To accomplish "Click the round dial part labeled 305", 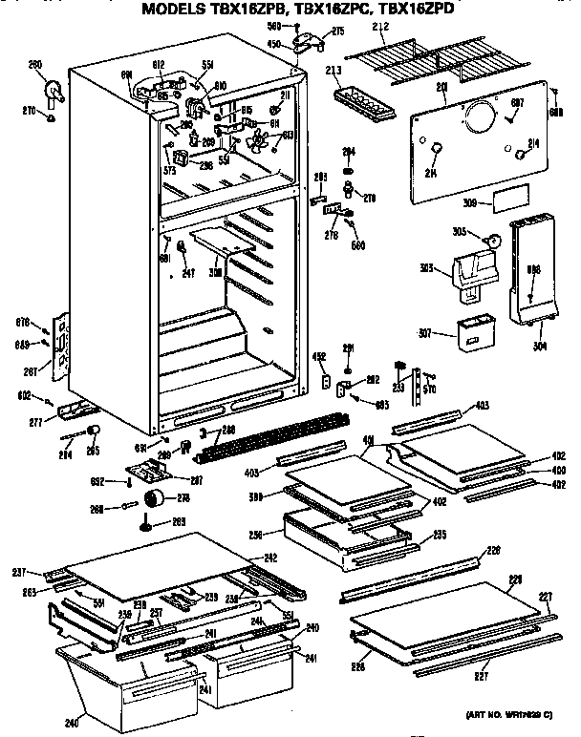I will click(494, 240).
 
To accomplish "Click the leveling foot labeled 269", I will click(146, 521).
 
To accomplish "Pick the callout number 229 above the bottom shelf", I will click(516, 579).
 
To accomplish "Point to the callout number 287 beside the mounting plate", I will click(195, 480).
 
